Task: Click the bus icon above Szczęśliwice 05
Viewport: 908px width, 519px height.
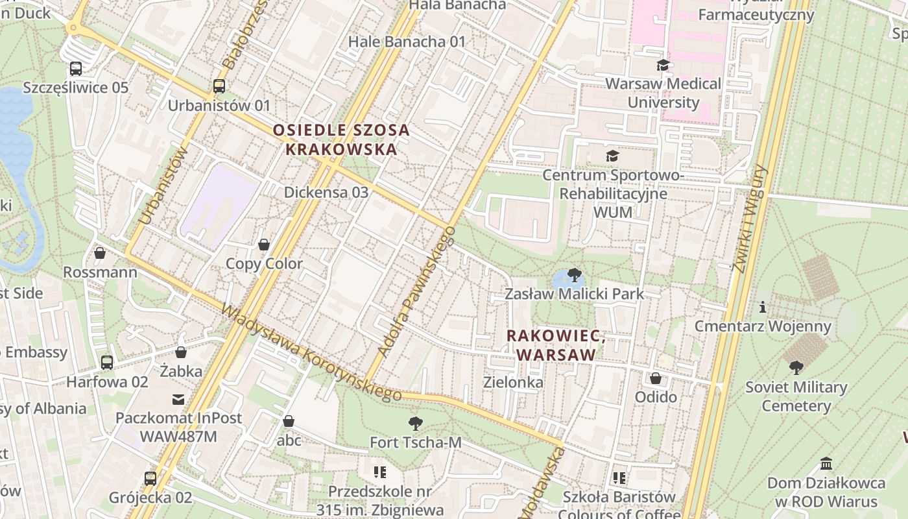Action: tap(76, 68)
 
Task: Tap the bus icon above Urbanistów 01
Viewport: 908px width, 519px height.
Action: tap(219, 86)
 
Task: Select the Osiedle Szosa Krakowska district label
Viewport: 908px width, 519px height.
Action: tap(341, 139)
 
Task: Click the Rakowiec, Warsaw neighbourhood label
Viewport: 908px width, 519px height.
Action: tap(556, 345)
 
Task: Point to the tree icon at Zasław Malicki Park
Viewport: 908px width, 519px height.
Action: tap(574, 275)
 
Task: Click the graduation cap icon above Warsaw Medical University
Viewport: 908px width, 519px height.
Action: tap(663, 65)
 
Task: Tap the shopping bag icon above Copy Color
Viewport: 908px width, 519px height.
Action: tap(264, 245)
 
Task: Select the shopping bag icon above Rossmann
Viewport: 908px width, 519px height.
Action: tap(100, 252)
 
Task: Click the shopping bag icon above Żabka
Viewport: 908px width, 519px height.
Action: tap(181, 352)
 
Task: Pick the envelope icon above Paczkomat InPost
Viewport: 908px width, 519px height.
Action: tap(178, 399)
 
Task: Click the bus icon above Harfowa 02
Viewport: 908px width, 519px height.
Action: tap(107, 363)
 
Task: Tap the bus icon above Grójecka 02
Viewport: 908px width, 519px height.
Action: tap(150, 479)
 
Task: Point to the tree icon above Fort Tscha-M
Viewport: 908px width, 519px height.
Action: tap(415, 424)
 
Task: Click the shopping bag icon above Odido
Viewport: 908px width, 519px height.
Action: tap(656, 378)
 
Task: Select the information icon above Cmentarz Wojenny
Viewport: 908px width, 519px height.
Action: tap(763, 307)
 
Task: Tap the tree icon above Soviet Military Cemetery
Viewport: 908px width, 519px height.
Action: tap(796, 368)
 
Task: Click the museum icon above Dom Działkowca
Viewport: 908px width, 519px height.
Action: tap(826, 464)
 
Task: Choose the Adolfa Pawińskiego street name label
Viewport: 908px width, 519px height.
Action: tap(416, 292)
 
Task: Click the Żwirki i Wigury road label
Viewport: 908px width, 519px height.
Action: tap(750, 219)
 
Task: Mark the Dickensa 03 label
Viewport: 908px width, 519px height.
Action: tap(326, 192)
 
